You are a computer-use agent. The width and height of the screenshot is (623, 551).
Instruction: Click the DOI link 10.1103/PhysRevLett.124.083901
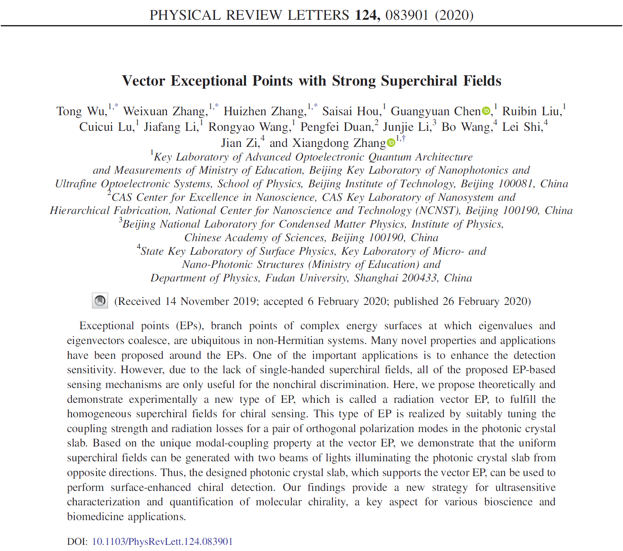point(162,541)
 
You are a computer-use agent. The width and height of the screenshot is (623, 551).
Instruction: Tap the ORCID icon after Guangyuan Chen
point(486,111)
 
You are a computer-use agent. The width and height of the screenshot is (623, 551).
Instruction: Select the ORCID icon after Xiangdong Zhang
point(391,143)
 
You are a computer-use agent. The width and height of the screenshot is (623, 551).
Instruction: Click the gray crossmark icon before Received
point(100,301)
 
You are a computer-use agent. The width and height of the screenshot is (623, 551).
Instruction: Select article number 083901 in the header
point(407,15)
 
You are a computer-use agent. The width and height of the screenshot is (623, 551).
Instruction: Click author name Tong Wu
point(81,112)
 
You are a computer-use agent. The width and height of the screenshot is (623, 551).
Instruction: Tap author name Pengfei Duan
point(336,127)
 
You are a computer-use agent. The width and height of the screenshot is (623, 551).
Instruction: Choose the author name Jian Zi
point(240,143)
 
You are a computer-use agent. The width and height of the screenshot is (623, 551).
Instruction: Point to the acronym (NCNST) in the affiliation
point(438,211)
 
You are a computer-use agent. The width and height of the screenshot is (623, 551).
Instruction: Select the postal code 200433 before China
point(419,278)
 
